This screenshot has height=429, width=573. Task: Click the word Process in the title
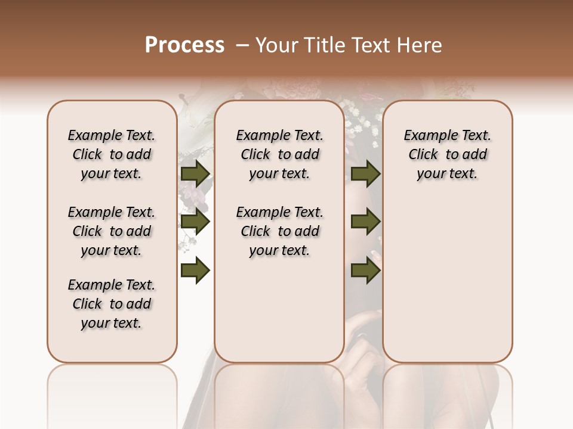point(184,45)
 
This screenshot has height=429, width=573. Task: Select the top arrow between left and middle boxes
point(195,173)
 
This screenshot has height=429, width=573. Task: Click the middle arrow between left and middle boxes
point(195,222)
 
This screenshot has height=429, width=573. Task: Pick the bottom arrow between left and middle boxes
point(195,271)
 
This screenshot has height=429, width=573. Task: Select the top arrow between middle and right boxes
point(365,173)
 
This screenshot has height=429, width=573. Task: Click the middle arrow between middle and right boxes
point(365,222)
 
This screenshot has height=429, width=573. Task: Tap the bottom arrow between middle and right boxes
point(365,271)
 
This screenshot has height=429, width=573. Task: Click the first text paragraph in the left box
point(112,154)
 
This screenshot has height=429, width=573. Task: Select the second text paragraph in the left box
point(112,231)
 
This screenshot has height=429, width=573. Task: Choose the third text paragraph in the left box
point(112,304)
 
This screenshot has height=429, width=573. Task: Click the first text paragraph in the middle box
point(279,154)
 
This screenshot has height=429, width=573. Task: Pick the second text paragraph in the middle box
point(279,231)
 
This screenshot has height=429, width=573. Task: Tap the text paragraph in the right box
point(448,154)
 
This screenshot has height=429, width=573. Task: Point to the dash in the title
point(242,45)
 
